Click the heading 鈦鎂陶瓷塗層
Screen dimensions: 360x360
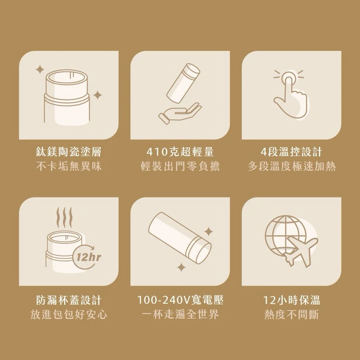click(x=69, y=152)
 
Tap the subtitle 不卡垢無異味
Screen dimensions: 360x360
click(x=69, y=166)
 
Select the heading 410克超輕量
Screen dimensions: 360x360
click(x=180, y=152)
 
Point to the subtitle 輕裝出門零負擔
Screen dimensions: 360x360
click(x=180, y=166)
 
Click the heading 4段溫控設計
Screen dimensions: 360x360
click(x=291, y=152)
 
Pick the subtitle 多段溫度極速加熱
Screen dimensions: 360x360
click(x=291, y=166)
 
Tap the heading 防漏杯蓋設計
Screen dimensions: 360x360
click(x=69, y=300)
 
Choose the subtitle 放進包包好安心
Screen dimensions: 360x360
click(x=69, y=314)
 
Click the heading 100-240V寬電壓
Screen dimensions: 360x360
click(x=180, y=300)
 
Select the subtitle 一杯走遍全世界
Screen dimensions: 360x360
click(x=180, y=314)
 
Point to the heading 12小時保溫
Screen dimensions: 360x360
click(x=291, y=300)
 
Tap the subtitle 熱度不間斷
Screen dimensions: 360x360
click(x=291, y=314)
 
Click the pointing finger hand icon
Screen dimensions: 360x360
click(x=290, y=94)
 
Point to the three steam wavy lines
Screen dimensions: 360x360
click(x=64, y=217)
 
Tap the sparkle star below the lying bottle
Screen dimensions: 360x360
click(x=181, y=268)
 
